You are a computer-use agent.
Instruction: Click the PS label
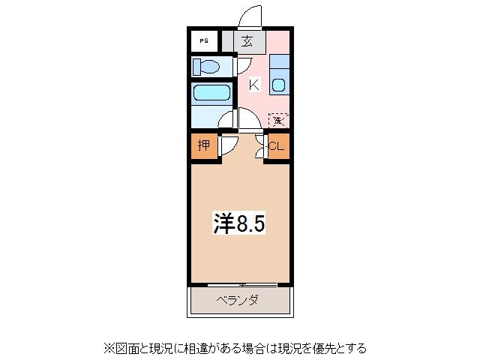[204, 41]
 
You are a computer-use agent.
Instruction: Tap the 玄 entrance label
[247, 41]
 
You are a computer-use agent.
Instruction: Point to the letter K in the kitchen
[253, 85]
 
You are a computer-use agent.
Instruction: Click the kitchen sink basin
[278, 85]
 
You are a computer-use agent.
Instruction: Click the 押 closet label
[203, 145]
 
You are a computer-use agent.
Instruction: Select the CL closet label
[276, 146]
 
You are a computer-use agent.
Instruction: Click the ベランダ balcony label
[238, 301]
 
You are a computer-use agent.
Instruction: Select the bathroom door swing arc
[226, 118]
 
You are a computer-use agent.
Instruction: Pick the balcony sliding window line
[241, 285]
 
